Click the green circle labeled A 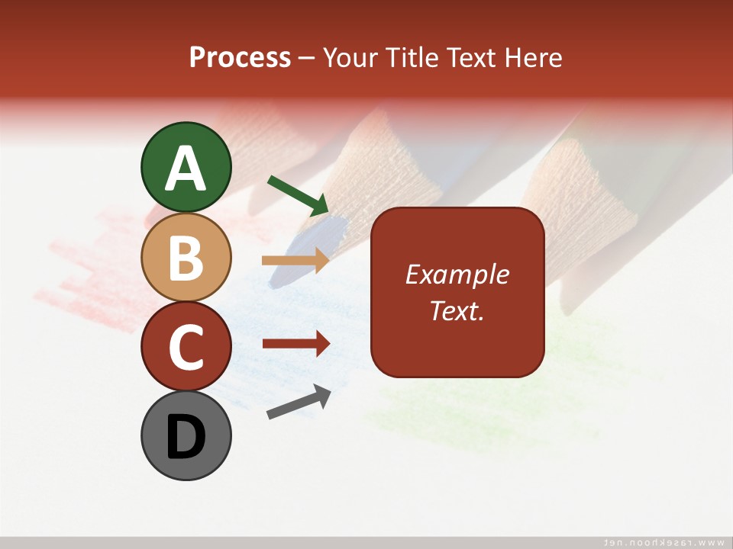point(186,167)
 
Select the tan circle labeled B point(186,257)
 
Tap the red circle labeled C point(186,346)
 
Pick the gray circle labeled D point(186,435)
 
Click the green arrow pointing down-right point(298,194)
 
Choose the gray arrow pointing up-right point(299,403)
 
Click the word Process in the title point(240,58)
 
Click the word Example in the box point(457,274)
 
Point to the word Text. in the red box point(457,310)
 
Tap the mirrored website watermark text point(664,541)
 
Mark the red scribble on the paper point(84,267)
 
